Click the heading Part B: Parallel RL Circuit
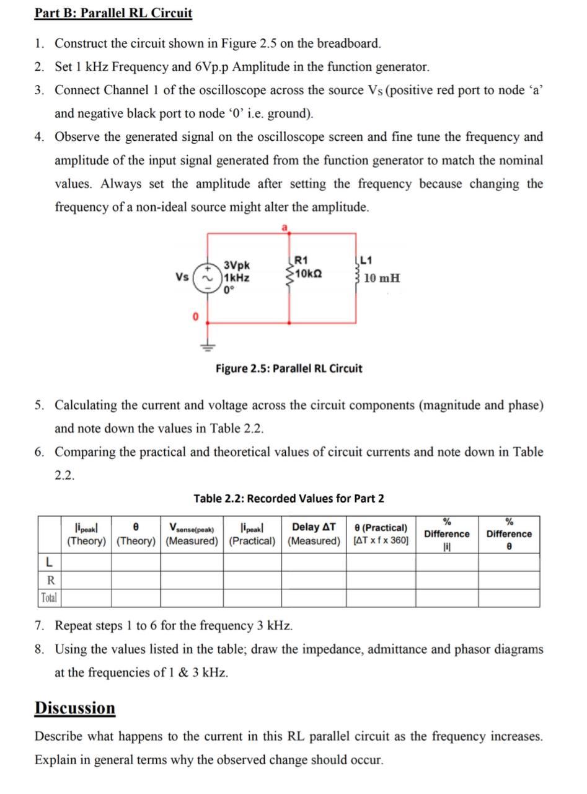pyautogui.click(x=113, y=13)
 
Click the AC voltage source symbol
pyautogui.click(x=206, y=277)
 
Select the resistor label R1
pyautogui.click(x=301, y=261)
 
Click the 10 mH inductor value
pyautogui.click(x=382, y=278)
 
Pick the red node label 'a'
pyautogui.click(x=285, y=228)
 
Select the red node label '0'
pyautogui.click(x=195, y=317)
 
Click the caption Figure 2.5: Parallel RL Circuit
pyautogui.click(x=289, y=368)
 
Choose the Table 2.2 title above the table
pyautogui.click(x=289, y=498)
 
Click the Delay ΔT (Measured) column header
pyautogui.click(x=314, y=534)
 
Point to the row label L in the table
pyautogui.click(x=48, y=562)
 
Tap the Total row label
pyautogui.click(x=48, y=598)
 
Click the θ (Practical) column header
pyautogui.click(x=381, y=534)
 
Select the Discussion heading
pyautogui.click(x=75, y=708)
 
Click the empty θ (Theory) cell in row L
pyautogui.click(x=136, y=562)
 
